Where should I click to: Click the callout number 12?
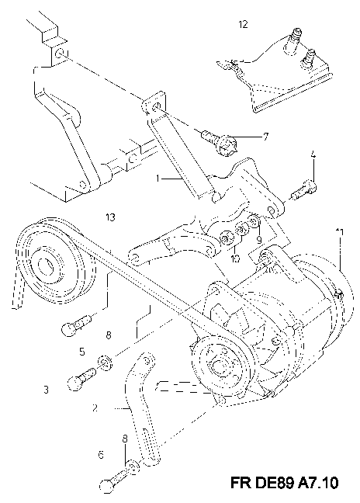coord(244,24)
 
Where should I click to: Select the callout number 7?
coord(265,137)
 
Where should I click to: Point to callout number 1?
coord(157,178)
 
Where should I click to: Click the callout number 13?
coord(110,217)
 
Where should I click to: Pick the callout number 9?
coord(259,239)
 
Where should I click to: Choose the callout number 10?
coord(235,258)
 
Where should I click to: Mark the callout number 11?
coord(340,232)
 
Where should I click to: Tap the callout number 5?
coord(82,352)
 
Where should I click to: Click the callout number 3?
coord(46,390)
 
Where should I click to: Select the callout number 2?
coord(95,408)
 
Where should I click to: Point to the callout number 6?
coord(102,455)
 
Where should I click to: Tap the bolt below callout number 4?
coord(303,190)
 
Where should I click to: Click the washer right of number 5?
coord(104,363)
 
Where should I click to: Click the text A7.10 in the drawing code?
coord(316,483)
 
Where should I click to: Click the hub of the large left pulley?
coord(46,265)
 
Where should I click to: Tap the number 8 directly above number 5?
coord(109,335)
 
